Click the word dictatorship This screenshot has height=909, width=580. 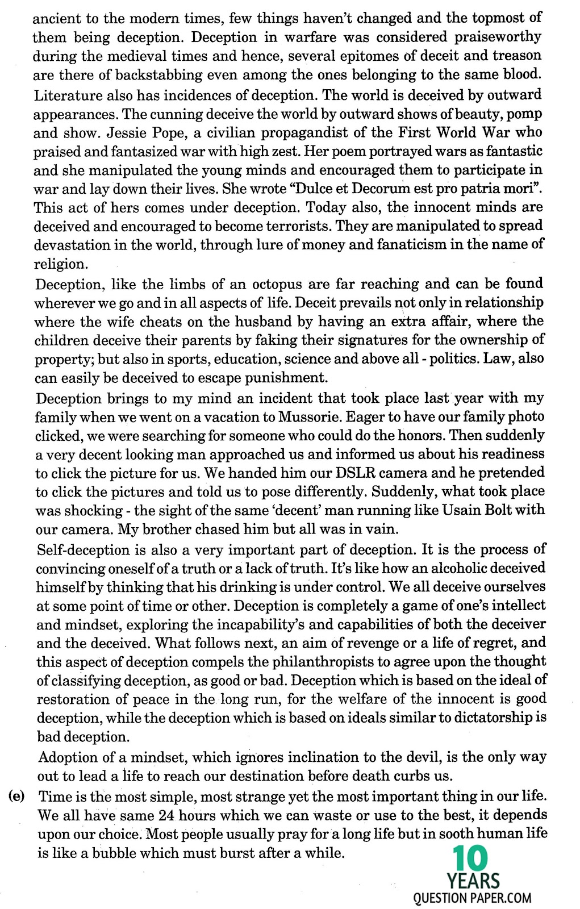500,718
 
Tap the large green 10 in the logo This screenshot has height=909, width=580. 471,858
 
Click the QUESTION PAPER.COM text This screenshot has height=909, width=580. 473,898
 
